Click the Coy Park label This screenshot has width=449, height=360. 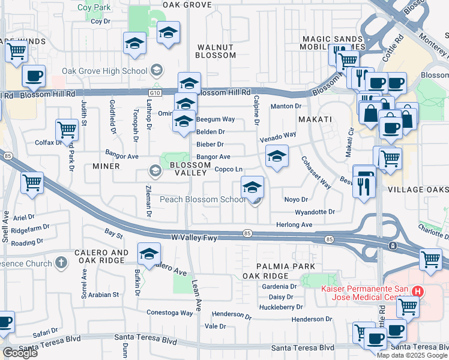94,8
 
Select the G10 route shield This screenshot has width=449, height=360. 155,92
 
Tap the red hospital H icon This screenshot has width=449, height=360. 418,292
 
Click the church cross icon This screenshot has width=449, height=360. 61,262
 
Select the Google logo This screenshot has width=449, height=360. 20,353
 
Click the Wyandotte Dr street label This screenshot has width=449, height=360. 315,212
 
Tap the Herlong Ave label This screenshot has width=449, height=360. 294,224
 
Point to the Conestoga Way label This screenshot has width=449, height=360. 170,313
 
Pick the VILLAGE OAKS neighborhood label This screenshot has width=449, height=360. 418,189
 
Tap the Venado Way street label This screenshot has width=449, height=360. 279,137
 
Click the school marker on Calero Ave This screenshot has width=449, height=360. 149,254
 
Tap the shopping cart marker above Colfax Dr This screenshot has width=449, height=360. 67,130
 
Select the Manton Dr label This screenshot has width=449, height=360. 285,106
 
